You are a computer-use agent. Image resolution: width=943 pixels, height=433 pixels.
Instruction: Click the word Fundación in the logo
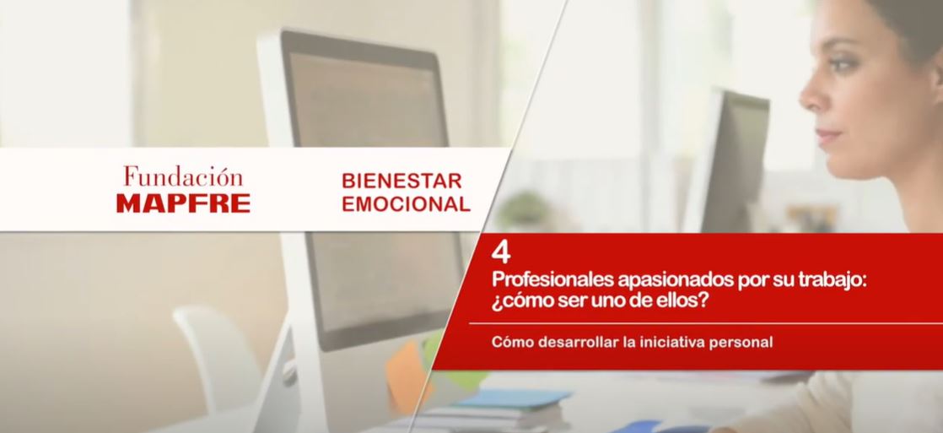click(x=183, y=176)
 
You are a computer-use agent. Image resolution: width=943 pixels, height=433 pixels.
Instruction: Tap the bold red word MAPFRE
click(x=183, y=203)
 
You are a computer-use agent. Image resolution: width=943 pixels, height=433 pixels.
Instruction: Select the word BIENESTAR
click(x=401, y=180)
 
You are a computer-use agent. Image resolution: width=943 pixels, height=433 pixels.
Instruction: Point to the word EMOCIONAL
click(x=406, y=203)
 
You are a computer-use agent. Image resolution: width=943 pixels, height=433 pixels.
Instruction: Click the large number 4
click(x=501, y=253)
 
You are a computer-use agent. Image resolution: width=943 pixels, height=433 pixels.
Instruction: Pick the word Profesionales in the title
click(x=552, y=280)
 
